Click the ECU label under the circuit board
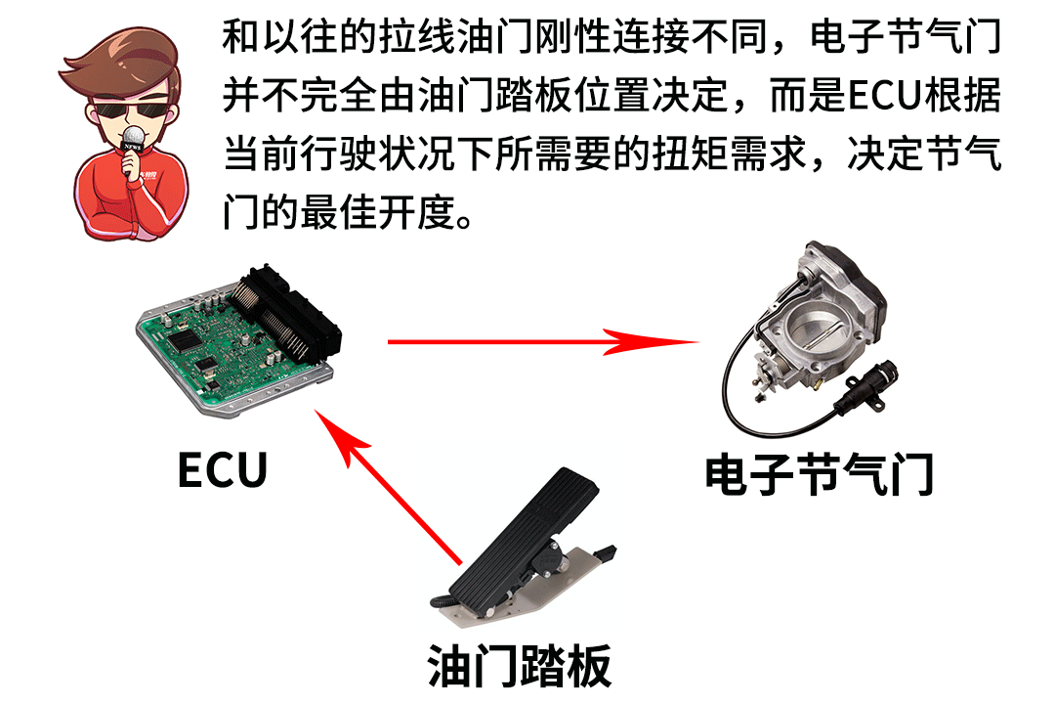[223, 469]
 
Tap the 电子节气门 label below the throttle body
[819, 474]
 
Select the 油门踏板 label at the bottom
[520, 666]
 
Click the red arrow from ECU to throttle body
[543, 341]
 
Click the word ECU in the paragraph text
[884, 95]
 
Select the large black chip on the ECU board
[181, 339]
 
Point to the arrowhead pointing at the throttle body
[651, 341]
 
